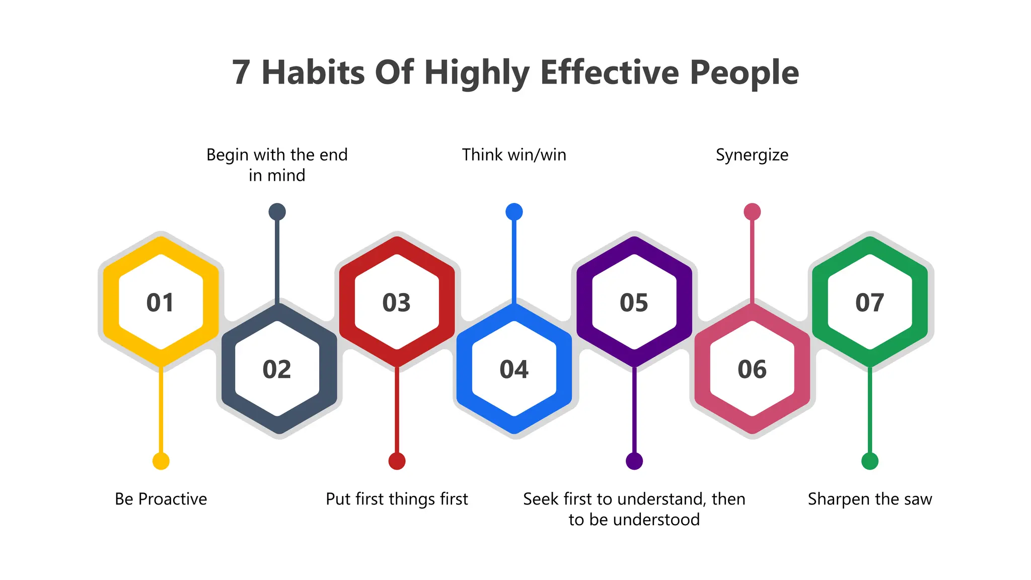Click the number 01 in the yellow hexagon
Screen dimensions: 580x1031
(160, 303)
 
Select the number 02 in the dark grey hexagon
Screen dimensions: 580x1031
(277, 370)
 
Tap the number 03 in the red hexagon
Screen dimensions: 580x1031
(397, 303)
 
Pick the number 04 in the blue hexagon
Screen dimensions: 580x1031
(514, 370)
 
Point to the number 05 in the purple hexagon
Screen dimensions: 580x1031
(634, 303)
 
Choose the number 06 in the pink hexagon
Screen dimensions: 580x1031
(752, 370)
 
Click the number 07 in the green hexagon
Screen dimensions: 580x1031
(869, 303)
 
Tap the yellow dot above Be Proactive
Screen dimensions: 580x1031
(161, 461)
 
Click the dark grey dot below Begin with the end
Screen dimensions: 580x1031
(277, 211)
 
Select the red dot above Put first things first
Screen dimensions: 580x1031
(397, 461)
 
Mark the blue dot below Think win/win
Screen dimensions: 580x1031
(514, 211)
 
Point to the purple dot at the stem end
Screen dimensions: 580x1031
(634, 461)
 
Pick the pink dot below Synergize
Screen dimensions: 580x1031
(752, 211)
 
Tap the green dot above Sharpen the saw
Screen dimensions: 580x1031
(870, 461)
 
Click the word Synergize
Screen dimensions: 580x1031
(752, 155)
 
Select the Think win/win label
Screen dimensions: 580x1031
(514, 155)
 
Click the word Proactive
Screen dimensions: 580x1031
(173, 499)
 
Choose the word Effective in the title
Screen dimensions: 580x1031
(610, 72)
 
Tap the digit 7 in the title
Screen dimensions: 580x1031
(241, 72)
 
